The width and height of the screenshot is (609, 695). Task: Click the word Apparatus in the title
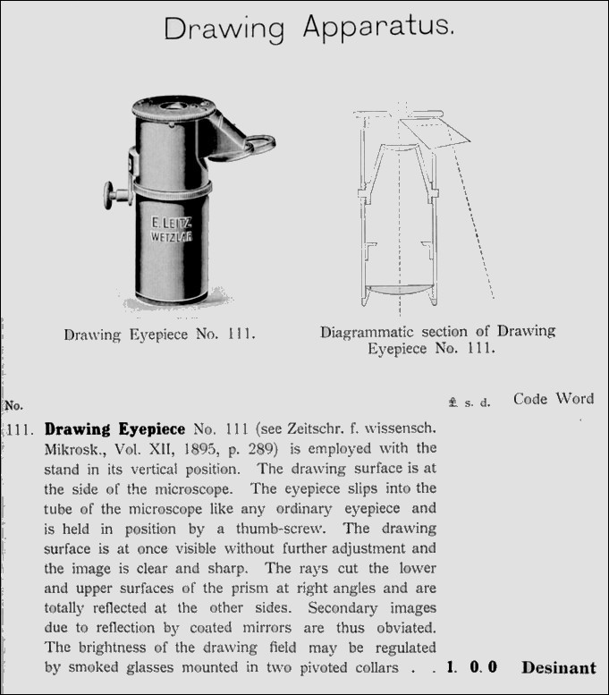tap(377, 30)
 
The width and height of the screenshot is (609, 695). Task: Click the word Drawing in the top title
tap(225, 30)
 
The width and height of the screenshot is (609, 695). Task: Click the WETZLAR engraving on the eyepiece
tap(173, 239)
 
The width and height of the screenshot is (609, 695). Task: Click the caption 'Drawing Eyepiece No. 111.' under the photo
tap(160, 336)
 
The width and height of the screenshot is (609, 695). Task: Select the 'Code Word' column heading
tap(553, 399)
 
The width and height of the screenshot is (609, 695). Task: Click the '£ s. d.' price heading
tap(470, 403)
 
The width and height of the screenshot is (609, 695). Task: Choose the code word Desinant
tap(558, 667)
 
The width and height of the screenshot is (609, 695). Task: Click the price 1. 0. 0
tap(471, 667)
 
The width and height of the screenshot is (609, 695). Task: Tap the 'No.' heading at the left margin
tap(13, 404)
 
